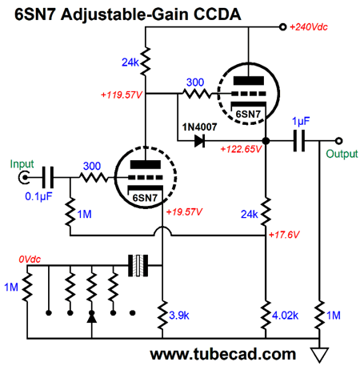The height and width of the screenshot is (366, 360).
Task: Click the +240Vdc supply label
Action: tap(309, 27)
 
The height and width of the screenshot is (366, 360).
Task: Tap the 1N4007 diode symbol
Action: tap(199, 141)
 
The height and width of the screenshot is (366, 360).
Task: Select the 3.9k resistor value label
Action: tap(179, 316)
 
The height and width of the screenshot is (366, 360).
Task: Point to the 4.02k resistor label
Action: tap(285, 316)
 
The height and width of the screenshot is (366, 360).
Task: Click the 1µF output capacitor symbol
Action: tap(299, 141)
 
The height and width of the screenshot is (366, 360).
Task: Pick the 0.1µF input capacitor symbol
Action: tap(48, 177)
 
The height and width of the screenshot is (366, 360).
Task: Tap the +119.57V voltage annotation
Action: tap(122, 95)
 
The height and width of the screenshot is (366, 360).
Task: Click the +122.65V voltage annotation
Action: tap(241, 149)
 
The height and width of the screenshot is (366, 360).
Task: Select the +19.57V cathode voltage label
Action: tap(184, 212)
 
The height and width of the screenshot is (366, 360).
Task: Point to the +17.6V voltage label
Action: tap(284, 235)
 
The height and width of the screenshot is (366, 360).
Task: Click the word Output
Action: tap(342, 154)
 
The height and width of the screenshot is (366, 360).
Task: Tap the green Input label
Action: tap(22, 164)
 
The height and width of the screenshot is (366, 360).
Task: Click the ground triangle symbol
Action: tap(319, 355)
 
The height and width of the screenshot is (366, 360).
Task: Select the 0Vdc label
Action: tap(30, 259)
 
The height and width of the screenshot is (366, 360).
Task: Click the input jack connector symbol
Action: tap(24, 177)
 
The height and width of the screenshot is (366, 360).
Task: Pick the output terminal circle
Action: tap(338, 141)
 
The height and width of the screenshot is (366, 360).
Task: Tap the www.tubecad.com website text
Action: tap(223, 355)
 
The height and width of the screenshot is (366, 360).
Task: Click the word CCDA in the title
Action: tap(217, 14)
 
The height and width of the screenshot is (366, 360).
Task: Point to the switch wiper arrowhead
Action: tap(92, 318)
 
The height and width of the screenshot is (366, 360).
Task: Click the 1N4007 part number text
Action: tap(199, 127)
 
